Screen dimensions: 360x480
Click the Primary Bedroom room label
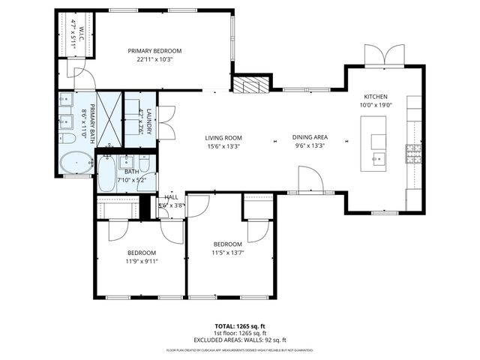(160, 51)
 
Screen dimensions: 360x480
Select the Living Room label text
(224, 138)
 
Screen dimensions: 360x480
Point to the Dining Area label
(310, 138)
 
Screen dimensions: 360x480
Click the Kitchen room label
(376, 97)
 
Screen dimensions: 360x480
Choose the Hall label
(172, 196)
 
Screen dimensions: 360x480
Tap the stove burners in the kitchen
(414, 154)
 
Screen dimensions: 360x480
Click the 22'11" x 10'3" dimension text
(160, 59)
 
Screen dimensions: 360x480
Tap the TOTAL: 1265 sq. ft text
(240, 327)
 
